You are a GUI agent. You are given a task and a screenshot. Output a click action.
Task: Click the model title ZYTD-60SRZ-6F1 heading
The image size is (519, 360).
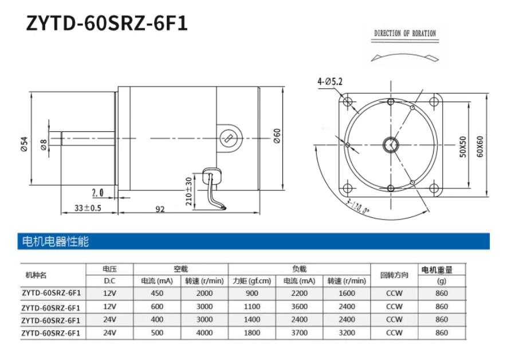click(107, 24)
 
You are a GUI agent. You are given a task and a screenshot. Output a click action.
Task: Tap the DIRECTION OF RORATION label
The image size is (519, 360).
click(405, 33)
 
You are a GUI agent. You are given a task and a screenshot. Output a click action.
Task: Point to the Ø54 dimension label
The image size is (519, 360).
click(24, 144)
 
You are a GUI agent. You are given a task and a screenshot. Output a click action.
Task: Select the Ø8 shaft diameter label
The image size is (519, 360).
click(44, 144)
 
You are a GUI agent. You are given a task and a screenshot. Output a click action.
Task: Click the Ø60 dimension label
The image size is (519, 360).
click(277, 136)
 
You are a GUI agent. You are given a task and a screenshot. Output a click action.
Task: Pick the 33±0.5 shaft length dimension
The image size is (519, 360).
click(88, 208)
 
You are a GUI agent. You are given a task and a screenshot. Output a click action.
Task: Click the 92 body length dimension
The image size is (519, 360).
click(160, 209)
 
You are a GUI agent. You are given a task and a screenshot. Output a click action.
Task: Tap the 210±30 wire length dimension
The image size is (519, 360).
click(188, 191)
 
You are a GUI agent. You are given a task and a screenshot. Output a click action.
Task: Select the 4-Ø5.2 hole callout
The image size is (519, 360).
click(330, 81)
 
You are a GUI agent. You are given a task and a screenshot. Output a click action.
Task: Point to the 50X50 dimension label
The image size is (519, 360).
click(463, 146)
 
